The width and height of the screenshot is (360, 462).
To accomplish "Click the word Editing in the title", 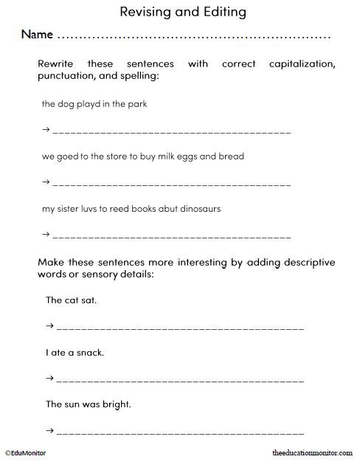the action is coord(220,13).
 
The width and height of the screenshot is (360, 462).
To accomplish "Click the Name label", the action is coord(37,35).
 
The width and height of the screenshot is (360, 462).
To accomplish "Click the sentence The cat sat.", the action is coord(71,300).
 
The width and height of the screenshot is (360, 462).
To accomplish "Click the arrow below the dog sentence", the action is coord(46,130).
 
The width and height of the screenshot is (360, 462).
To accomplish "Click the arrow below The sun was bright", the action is coord(50,430).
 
